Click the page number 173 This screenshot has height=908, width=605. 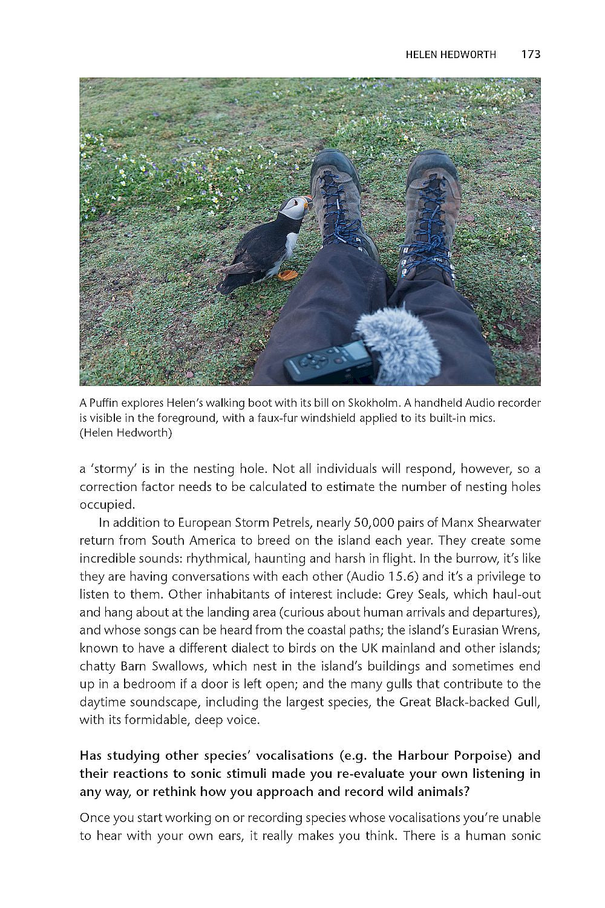tap(530, 54)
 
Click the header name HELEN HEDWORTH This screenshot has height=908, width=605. tap(451, 54)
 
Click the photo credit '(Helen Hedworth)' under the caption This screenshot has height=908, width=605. tap(125, 433)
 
